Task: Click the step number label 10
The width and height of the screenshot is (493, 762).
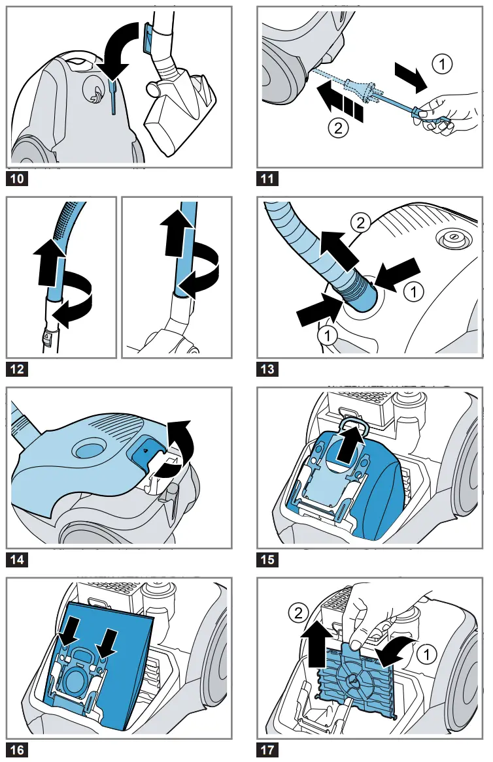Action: point(18,178)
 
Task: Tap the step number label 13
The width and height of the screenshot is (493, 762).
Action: point(267,370)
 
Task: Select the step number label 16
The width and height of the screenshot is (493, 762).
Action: point(18,750)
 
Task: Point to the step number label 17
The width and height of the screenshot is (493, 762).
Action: point(267,750)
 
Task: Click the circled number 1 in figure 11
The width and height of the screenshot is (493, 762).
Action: point(443,64)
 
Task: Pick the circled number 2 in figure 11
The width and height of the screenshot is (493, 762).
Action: point(337,129)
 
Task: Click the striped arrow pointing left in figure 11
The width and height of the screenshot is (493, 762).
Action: point(339,101)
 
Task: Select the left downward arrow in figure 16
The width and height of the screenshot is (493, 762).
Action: point(69,629)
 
